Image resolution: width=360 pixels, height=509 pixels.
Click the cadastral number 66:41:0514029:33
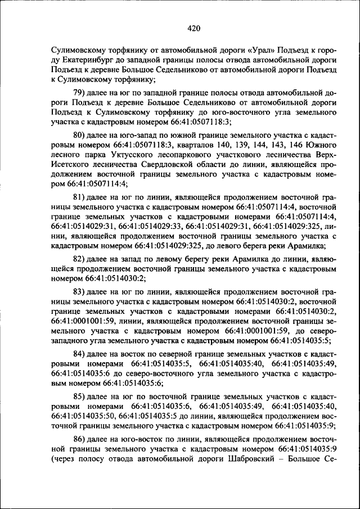coord(152,226)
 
